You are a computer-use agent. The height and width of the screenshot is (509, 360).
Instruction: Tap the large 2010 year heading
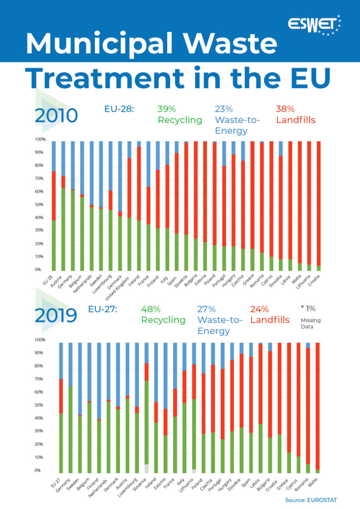[x=56, y=116]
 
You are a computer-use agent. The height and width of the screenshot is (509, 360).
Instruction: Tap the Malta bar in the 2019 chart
[x=317, y=408]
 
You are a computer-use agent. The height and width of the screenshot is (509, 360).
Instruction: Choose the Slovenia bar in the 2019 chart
[x=147, y=408]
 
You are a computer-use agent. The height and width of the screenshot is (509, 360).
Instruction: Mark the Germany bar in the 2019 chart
[x=71, y=408]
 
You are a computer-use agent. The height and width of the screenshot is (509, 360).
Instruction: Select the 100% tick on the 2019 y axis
[x=40, y=340]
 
